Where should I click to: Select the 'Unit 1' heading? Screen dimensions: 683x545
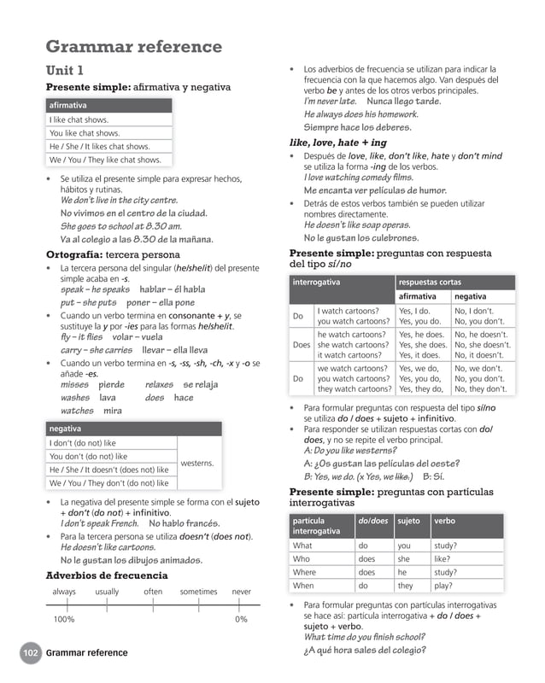64,70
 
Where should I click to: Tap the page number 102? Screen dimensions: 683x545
31,653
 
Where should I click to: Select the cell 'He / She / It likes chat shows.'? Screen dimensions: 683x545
99,146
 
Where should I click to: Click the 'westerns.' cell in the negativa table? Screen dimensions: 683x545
197,463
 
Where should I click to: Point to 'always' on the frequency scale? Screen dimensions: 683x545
64,592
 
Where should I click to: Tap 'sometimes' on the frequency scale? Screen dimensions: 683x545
198,592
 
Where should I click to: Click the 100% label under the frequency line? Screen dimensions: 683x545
64,619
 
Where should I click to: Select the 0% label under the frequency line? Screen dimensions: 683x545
242,619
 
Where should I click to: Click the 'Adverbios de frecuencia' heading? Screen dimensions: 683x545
107,575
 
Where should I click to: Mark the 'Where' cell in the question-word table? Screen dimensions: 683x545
304,572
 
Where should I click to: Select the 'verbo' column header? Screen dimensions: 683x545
444,521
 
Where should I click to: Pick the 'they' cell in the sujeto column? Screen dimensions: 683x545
405,586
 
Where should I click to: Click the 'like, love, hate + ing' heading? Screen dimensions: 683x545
338,143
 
